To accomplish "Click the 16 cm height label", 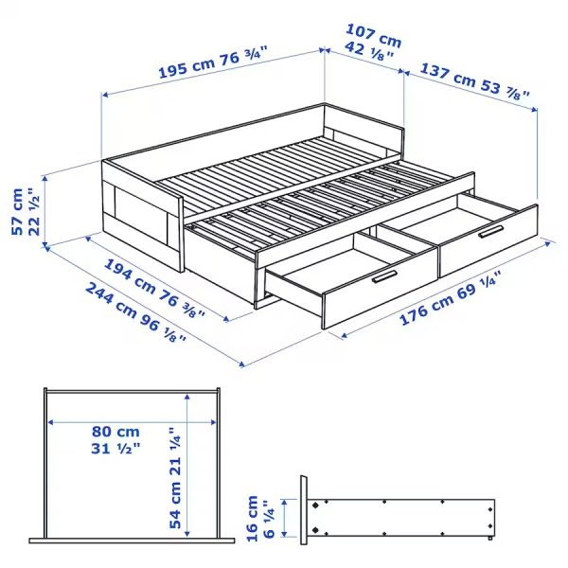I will point(252,519).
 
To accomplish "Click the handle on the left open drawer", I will point(383,276).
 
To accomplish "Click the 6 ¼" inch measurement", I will point(269,519).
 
